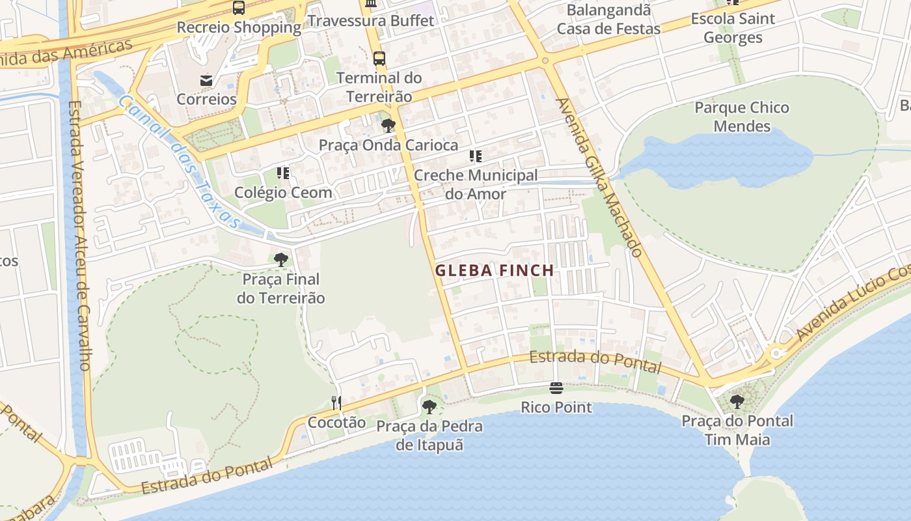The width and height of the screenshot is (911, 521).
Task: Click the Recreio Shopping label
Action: click(239, 28)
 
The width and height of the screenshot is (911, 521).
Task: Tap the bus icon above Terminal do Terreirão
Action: click(379, 59)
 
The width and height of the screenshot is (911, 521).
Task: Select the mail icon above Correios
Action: click(206, 81)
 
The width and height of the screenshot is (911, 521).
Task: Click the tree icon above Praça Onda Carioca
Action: click(388, 126)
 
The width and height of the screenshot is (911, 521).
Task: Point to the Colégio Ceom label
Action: click(283, 192)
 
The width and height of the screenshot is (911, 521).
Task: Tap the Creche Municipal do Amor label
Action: click(476, 184)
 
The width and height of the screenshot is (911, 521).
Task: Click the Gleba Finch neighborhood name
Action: click(495, 270)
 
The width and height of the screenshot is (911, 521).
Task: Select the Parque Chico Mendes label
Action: click(742, 117)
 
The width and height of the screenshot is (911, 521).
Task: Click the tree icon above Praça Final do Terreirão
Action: click(280, 260)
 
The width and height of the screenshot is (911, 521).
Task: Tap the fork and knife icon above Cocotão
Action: click(336, 403)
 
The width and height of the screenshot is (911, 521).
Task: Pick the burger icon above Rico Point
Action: click(556, 389)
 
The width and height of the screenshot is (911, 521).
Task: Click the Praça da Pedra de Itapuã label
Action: click(429, 436)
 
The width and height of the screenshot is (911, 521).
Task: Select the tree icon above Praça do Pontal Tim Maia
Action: click(737, 402)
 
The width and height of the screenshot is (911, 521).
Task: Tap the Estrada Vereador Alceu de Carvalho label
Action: click(78, 234)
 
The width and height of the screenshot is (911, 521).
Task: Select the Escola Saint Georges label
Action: click(733, 28)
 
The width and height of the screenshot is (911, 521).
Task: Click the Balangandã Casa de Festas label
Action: click(608, 20)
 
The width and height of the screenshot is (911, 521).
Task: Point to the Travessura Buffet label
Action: click(371, 21)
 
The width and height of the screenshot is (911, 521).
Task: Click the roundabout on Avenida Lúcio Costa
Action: click(776, 354)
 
